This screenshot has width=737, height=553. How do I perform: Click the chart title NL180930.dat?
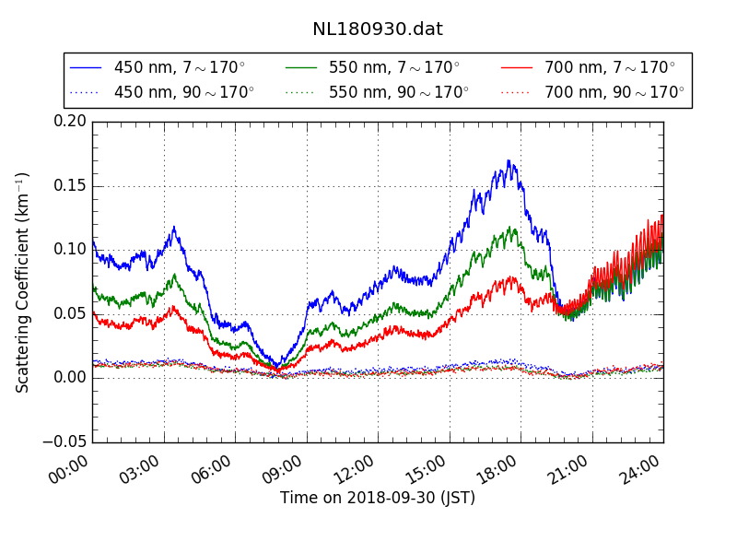tap(377, 29)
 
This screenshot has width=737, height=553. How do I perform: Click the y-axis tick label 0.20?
tap(70, 122)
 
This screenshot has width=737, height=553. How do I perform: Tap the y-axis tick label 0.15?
tap(70, 186)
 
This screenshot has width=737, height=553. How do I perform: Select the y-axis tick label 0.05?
tap(70, 314)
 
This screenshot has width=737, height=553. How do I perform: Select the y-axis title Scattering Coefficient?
tap(23, 282)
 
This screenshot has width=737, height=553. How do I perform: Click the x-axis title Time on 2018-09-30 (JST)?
tap(378, 498)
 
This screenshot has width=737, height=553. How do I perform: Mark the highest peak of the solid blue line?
tap(509, 160)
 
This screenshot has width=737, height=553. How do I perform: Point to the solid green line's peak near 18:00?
tap(512, 228)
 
